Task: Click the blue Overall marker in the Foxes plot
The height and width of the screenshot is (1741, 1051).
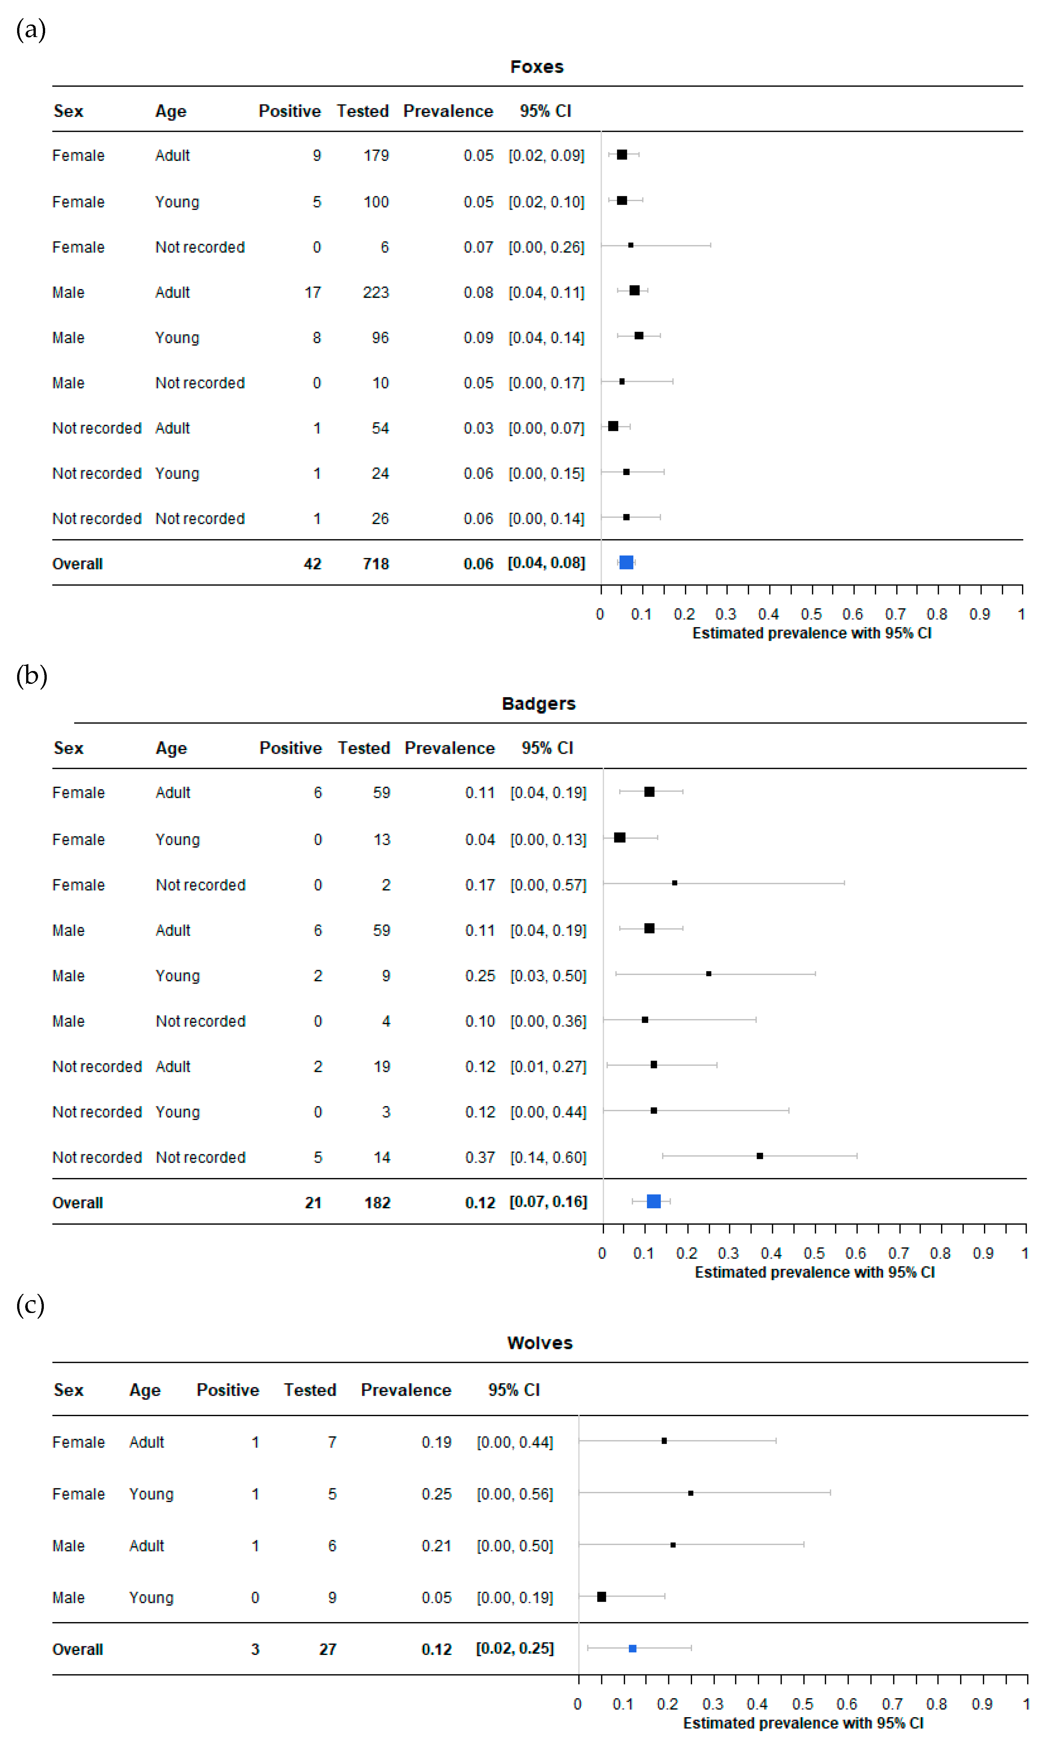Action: [x=626, y=562]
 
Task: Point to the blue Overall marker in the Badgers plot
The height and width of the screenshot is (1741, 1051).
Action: [x=654, y=1201]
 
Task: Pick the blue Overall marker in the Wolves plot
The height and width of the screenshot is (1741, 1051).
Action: [x=633, y=1649]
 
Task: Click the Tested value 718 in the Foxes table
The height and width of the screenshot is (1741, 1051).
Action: [x=376, y=564]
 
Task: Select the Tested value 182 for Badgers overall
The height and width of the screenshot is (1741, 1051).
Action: [x=377, y=1202]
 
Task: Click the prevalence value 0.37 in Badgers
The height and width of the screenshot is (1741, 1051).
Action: [x=480, y=1157]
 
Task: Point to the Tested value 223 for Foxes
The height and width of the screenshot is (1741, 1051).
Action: [x=376, y=293]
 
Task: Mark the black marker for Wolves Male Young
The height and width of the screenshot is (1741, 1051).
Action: [x=601, y=1597]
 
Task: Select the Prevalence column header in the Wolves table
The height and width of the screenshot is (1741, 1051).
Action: [x=406, y=1390]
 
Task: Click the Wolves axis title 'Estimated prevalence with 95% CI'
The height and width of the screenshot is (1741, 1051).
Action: [x=803, y=1723]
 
